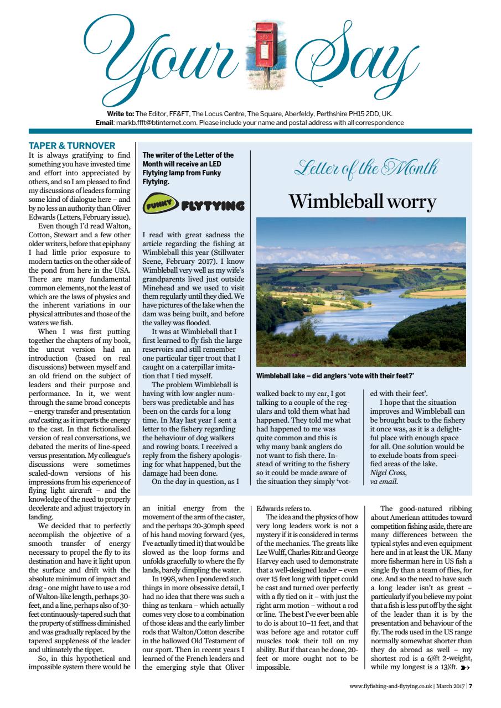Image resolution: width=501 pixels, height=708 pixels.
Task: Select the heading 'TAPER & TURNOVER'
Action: [71, 146]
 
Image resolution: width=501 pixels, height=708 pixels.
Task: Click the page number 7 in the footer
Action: [470, 687]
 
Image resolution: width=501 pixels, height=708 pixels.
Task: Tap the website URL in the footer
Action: [390, 687]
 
